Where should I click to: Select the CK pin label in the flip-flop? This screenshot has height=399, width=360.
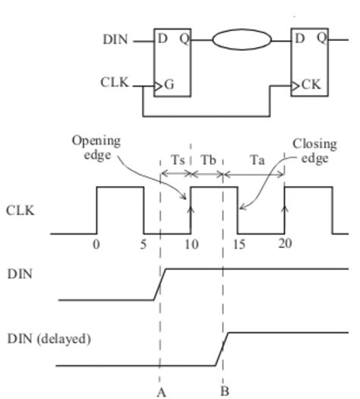(x=311, y=85)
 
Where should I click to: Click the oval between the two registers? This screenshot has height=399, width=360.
(x=241, y=39)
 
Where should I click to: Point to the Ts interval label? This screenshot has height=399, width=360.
(x=177, y=161)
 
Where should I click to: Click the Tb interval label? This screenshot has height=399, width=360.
(x=208, y=161)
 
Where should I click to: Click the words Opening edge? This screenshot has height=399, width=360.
(x=96, y=147)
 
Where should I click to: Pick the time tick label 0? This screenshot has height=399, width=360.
(x=96, y=244)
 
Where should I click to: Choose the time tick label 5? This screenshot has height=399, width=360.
(x=144, y=244)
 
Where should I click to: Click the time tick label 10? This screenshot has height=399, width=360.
(x=191, y=244)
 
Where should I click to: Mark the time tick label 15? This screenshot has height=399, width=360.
(x=239, y=244)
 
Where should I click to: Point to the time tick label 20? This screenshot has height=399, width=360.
(x=285, y=244)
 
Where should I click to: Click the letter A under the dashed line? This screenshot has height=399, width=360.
(x=161, y=391)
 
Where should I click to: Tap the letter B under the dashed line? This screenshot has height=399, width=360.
(x=224, y=391)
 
